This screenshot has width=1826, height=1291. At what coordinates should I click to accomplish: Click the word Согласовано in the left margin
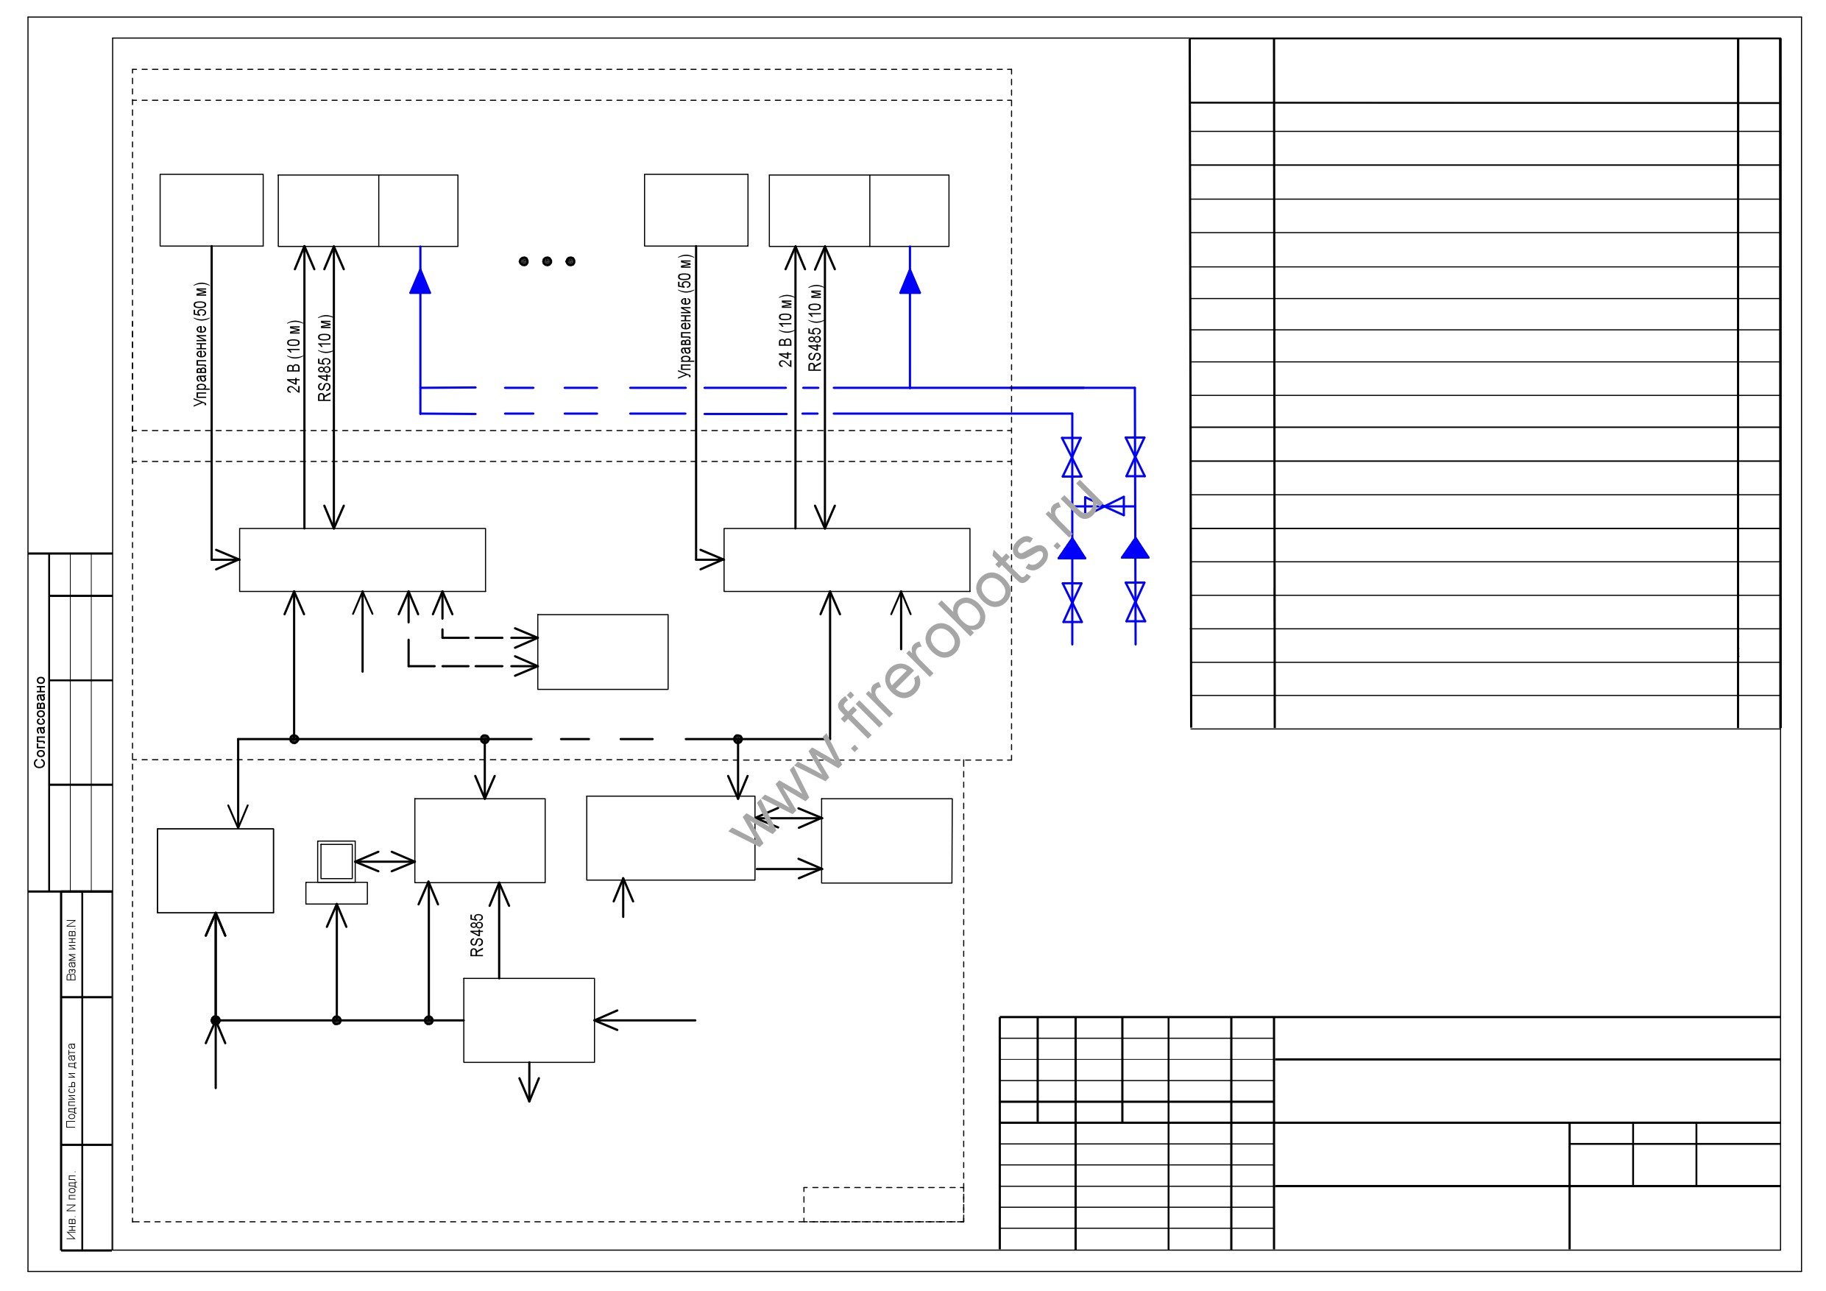click(x=40, y=722)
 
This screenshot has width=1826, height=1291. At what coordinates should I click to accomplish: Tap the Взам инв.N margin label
click(x=71, y=949)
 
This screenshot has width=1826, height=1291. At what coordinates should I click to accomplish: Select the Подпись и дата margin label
click(x=71, y=1086)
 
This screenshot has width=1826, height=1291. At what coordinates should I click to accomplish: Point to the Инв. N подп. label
click(x=71, y=1206)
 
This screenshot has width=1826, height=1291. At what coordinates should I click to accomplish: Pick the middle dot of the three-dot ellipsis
click(x=547, y=261)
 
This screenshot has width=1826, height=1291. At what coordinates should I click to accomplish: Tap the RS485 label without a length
click(x=476, y=935)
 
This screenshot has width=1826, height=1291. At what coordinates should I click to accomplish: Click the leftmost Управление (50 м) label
click(x=200, y=344)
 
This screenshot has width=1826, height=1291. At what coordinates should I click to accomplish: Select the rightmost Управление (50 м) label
click(x=684, y=316)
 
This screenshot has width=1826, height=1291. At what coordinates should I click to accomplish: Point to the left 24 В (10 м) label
click(x=294, y=356)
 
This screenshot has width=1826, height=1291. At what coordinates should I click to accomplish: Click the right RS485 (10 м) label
click(x=815, y=328)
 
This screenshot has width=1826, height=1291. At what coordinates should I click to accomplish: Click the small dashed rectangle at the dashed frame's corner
click(x=884, y=1204)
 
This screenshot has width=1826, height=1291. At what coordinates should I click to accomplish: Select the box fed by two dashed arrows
click(x=603, y=651)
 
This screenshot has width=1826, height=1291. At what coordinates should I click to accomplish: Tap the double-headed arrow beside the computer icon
click(x=385, y=860)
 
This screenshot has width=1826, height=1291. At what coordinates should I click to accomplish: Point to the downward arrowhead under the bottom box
click(x=529, y=1090)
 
